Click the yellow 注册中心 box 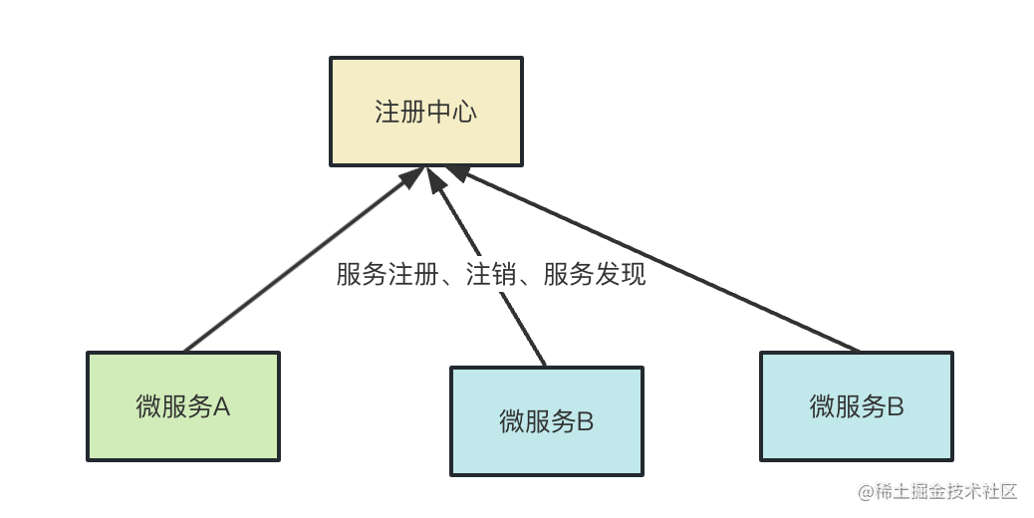tap(425, 110)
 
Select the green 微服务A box tap(183, 405)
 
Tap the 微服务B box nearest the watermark tap(856, 405)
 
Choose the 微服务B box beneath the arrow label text tap(546, 420)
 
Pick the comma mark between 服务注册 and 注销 tap(448, 279)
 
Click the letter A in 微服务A tap(222, 406)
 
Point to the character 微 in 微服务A tap(148, 406)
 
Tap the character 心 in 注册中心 tap(464, 111)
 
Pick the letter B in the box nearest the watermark tap(895, 405)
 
